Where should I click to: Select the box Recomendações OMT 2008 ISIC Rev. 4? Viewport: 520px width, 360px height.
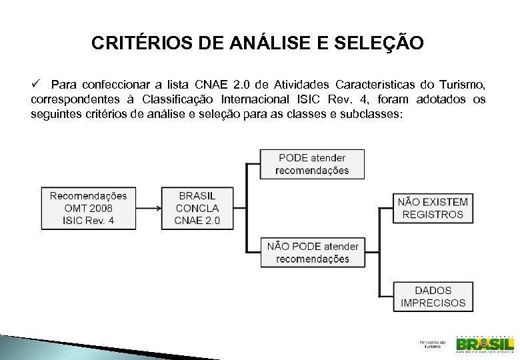[x=88, y=208]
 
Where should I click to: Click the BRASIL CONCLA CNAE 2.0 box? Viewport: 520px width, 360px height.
[x=197, y=208]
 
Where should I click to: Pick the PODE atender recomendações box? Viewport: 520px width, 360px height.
[x=312, y=164]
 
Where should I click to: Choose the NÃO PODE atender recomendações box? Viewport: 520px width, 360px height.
[x=313, y=253]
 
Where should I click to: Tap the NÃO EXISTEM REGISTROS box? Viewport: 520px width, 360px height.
[x=433, y=208]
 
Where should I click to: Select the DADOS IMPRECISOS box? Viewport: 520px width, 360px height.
[x=433, y=297]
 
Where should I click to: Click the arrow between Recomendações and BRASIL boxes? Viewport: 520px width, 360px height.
[x=149, y=208]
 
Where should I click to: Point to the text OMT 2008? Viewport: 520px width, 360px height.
[x=88, y=208]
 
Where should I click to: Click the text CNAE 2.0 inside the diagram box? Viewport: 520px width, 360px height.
[x=197, y=221]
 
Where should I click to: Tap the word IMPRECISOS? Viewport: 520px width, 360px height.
[x=433, y=303]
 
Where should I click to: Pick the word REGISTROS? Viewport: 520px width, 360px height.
[x=433, y=215]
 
